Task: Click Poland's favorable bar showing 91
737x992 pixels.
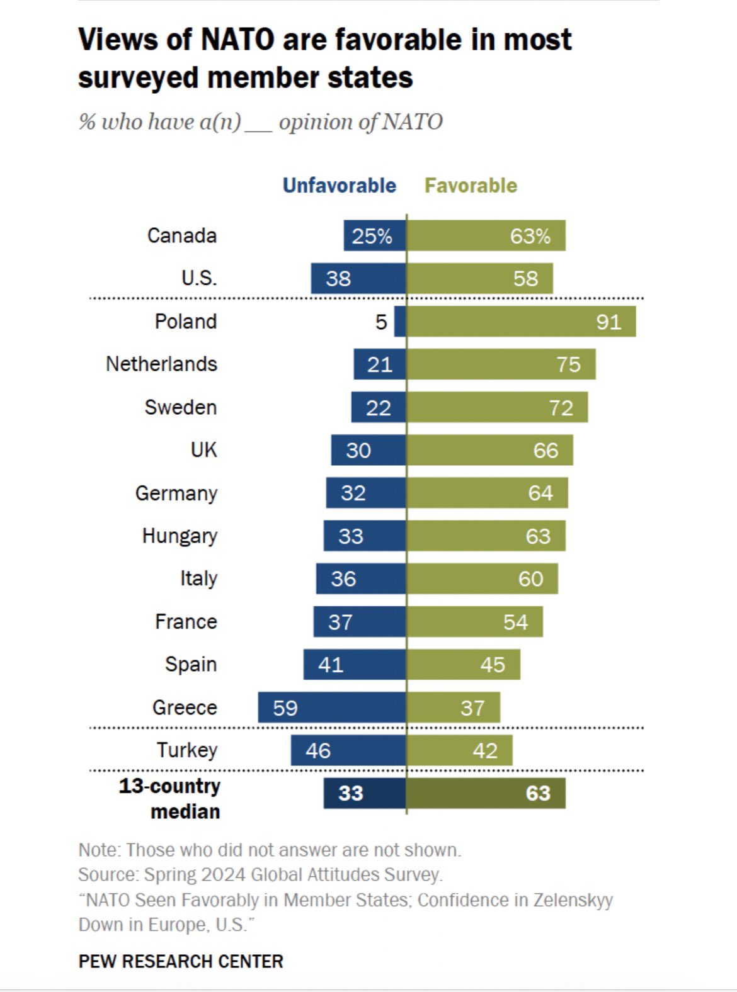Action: point(521,322)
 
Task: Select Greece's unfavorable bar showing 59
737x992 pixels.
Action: point(332,707)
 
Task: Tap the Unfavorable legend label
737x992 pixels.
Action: point(340,186)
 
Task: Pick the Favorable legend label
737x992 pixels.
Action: point(471,186)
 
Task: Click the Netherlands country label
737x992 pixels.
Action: point(161,364)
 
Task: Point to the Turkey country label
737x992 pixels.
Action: point(187,750)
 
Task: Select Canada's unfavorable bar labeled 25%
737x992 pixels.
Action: point(375,236)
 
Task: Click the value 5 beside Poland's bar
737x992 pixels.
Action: point(381,322)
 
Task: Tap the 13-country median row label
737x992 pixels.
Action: point(170,798)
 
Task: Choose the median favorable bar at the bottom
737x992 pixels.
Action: point(486,793)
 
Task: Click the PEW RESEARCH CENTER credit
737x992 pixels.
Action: point(181,962)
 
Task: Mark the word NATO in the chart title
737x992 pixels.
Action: point(238,40)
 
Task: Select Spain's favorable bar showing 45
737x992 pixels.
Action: point(464,665)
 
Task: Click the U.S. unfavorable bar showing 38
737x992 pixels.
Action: point(358,278)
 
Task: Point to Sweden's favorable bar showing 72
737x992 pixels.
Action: point(497,407)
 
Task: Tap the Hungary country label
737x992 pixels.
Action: point(180,536)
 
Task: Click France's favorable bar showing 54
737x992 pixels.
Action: point(475,622)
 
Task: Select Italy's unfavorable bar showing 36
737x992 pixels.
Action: point(361,578)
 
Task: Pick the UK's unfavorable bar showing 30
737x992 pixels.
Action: point(368,450)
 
